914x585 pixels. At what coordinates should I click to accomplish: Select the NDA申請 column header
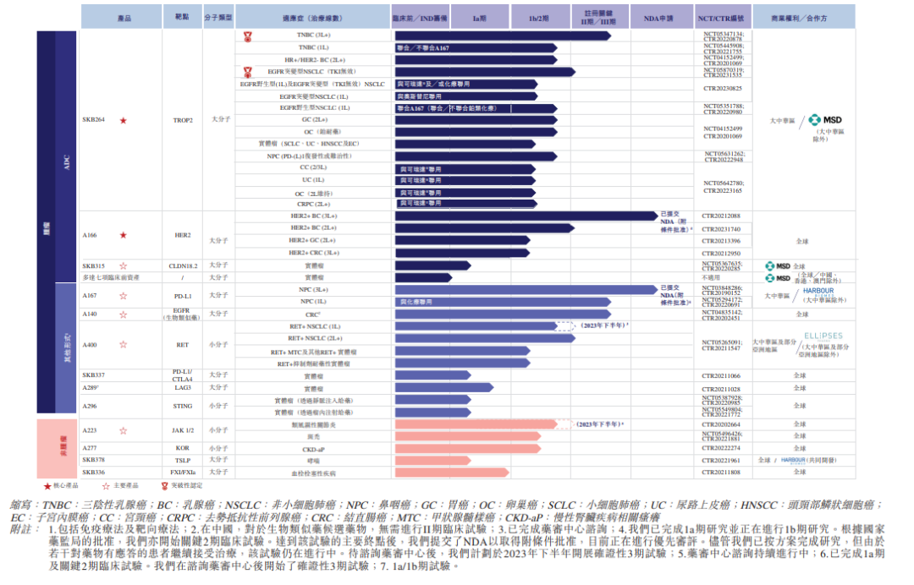658,17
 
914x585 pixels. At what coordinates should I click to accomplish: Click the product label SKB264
94,120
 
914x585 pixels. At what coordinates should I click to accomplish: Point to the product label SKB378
94,460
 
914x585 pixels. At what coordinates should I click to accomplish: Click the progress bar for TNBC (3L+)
502,36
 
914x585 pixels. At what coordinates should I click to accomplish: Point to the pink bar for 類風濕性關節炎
482,424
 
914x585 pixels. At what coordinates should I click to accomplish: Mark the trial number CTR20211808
721,473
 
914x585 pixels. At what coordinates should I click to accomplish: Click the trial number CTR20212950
721,253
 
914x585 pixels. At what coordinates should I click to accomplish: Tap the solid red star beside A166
124,235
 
